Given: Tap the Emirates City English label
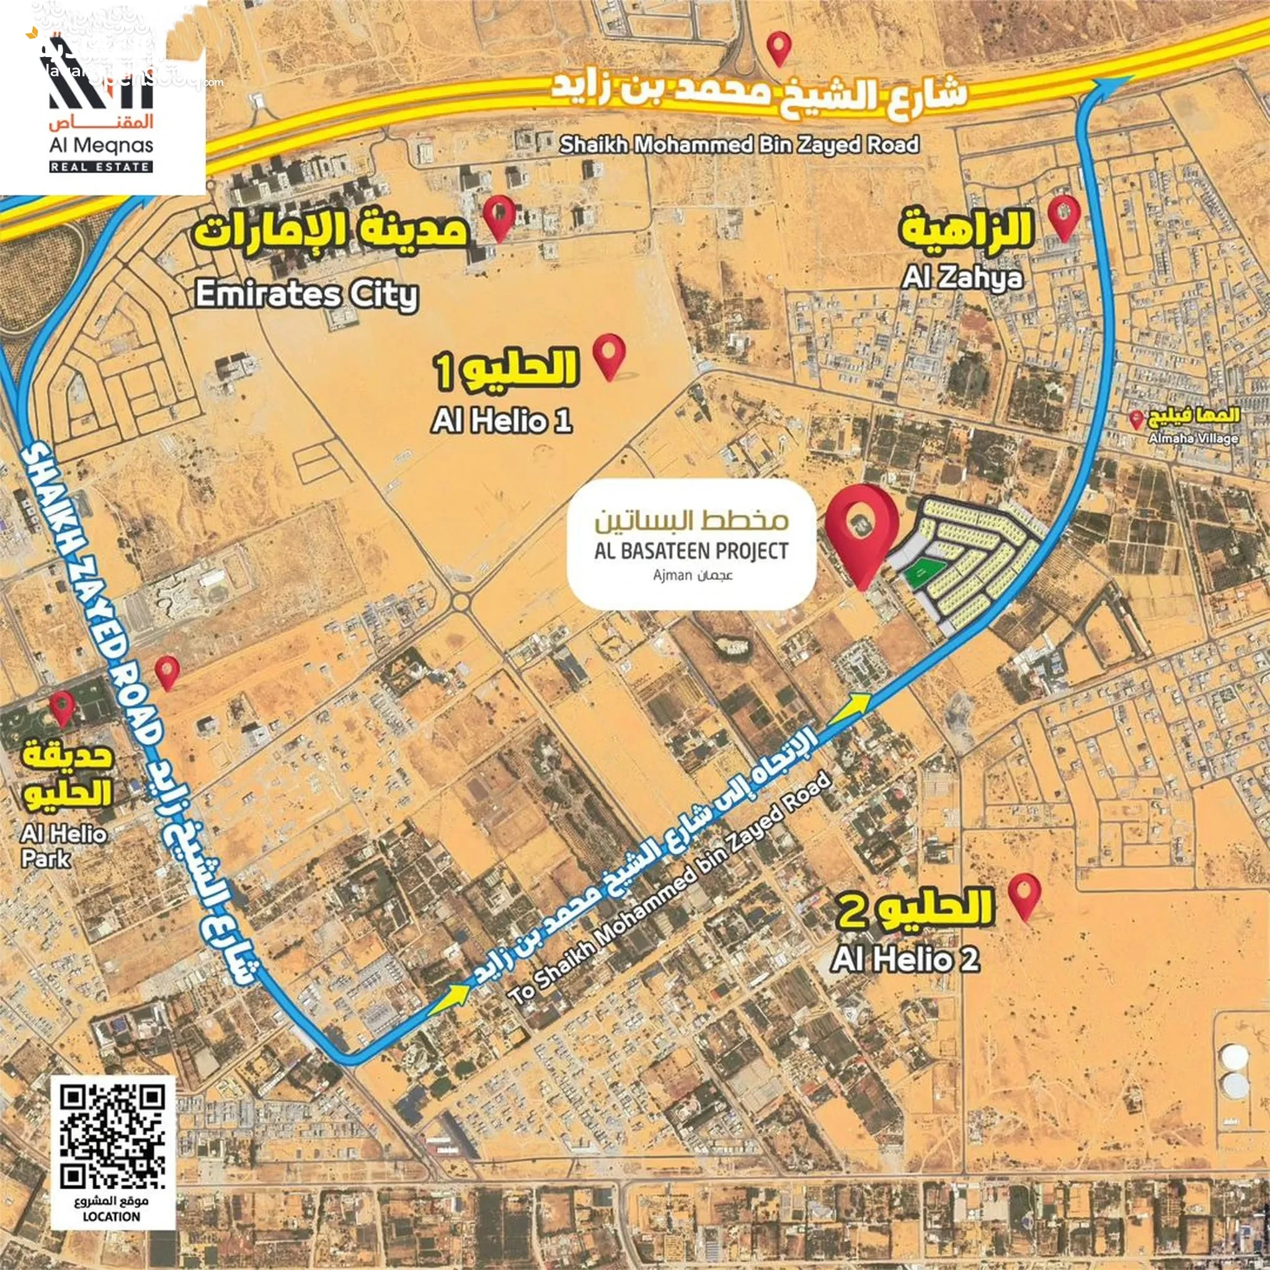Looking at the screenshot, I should click(306, 295).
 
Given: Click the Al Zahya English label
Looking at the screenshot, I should click(962, 277).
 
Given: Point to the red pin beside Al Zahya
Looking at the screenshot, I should click(1064, 216).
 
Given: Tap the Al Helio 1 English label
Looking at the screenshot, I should click(502, 420).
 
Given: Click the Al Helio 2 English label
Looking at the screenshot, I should click(905, 959).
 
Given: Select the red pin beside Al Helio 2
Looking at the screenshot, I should click(1025, 896).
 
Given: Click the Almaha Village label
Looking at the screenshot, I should click(1193, 438).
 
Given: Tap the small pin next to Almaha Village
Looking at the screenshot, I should click(1136, 419).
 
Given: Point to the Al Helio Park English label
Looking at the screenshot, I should click(63, 846).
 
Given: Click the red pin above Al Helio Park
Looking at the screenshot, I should click(63, 708).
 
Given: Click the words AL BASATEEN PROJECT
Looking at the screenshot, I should click(691, 551).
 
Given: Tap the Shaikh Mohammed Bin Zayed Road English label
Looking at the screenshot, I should click(739, 144).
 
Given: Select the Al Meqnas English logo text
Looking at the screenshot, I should click(101, 145).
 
